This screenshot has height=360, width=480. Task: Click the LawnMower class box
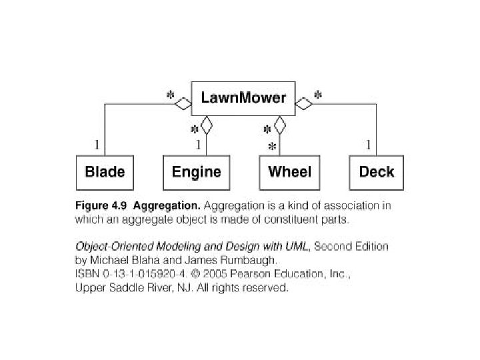click(x=243, y=99)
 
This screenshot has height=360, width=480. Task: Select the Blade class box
click(x=105, y=172)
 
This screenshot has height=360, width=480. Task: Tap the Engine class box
click(x=196, y=172)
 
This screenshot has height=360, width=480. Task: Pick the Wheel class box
click(x=289, y=172)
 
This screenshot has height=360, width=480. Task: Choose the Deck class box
click(x=377, y=172)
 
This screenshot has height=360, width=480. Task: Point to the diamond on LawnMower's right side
click(x=305, y=103)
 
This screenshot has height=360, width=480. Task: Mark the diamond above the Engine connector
click(x=207, y=124)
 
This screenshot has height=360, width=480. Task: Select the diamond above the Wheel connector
click(x=279, y=124)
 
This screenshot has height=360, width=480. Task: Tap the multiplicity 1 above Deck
click(x=368, y=144)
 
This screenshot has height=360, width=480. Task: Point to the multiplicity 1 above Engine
click(x=198, y=144)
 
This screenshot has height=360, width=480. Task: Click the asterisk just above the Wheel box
click(x=271, y=145)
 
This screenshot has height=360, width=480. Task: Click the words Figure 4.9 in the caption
click(x=99, y=206)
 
